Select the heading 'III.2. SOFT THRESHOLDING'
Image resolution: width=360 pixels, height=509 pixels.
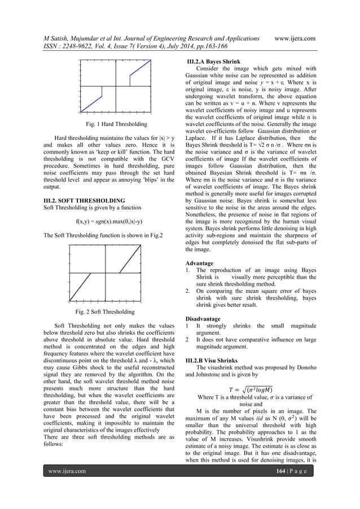(84, 200)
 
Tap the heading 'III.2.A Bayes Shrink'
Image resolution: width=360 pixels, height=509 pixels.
(216, 61)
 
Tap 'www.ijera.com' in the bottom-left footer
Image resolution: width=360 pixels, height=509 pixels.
(67, 486)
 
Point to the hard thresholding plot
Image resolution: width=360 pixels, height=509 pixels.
(113, 85)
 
